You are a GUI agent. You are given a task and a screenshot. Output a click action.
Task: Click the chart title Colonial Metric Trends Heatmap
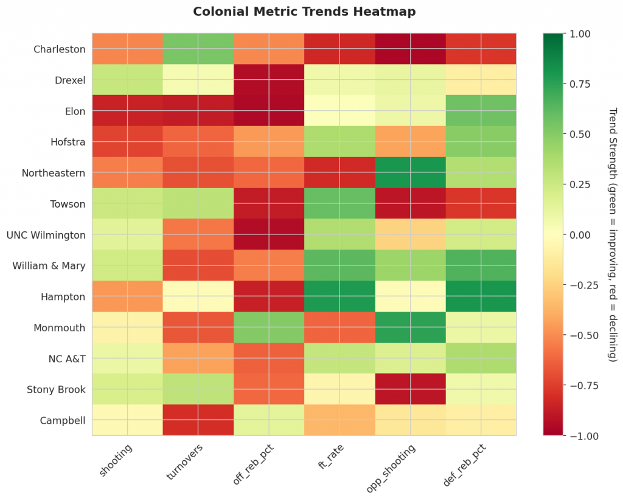click(x=304, y=12)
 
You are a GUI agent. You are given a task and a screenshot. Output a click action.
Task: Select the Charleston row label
click(x=60, y=49)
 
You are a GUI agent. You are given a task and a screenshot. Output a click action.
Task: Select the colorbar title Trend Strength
click(x=613, y=234)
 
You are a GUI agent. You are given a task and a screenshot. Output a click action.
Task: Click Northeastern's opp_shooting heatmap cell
click(x=410, y=173)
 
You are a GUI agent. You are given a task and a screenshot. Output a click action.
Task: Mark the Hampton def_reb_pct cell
click(x=481, y=296)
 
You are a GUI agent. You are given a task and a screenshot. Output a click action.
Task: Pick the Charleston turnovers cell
click(x=198, y=49)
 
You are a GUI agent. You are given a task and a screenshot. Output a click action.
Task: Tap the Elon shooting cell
click(x=127, y=111)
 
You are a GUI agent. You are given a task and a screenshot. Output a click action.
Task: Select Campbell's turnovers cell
click(x=198, y=420)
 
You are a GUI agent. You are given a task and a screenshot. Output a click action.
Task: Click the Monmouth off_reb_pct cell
click(x=268, y=328)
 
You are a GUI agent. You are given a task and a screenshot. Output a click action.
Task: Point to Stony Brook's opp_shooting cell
click(x=410, y=389)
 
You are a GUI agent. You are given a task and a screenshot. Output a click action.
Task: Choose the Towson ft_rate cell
click(x=339, y=204)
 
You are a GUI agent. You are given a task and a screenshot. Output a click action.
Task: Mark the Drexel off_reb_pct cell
click(x=268, y=80)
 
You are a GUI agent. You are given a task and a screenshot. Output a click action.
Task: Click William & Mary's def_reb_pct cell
click(x=481, y=265)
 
